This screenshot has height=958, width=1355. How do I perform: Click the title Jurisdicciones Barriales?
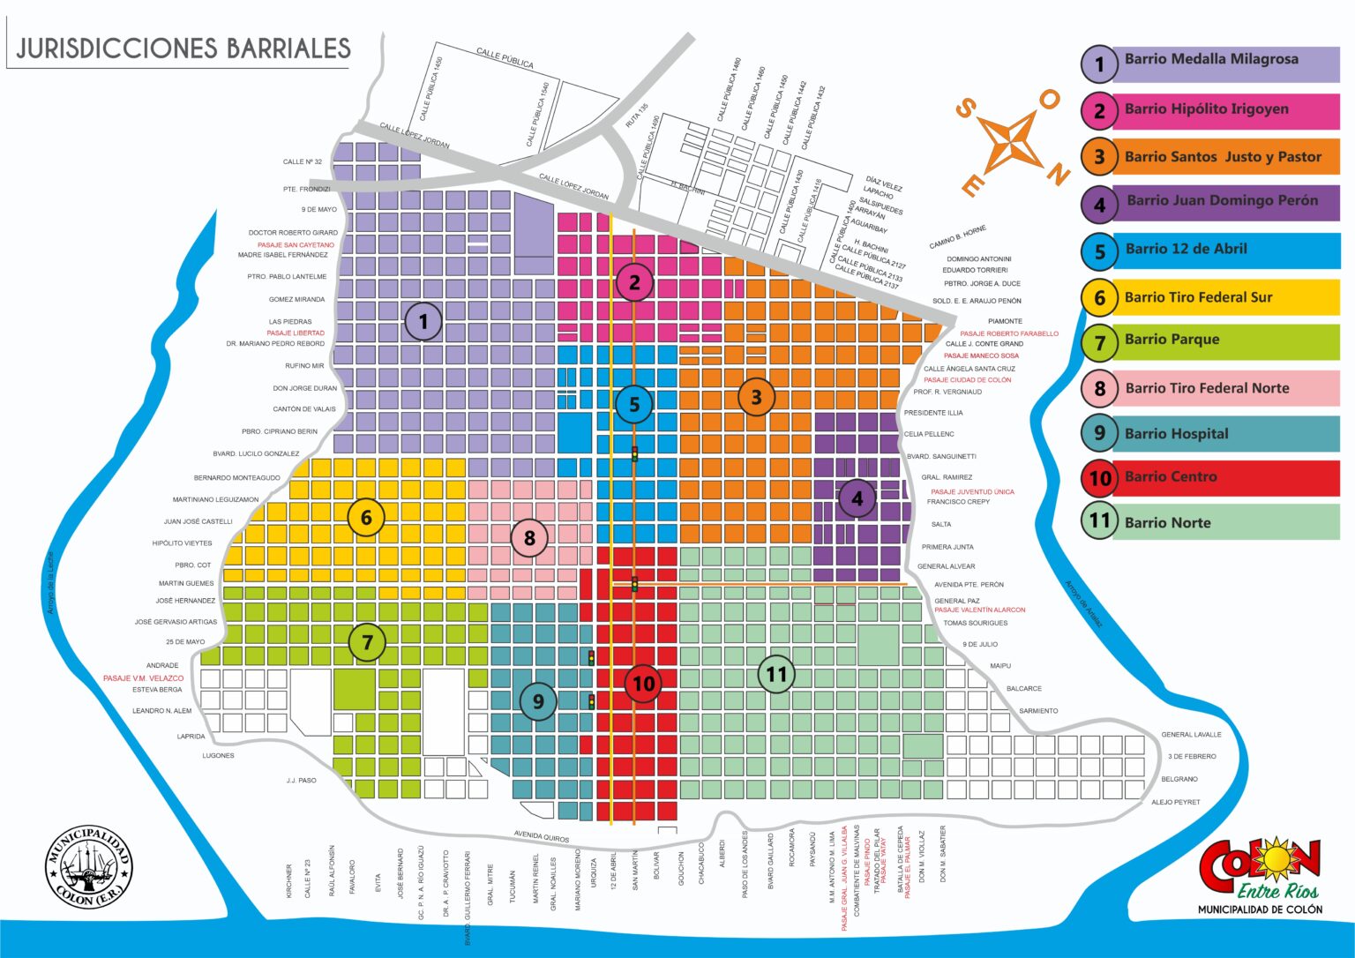click(x=183, y=48)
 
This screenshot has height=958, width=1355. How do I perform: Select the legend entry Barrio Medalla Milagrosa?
click(x=1210, y=60)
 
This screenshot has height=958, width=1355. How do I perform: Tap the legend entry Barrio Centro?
click(x=1170, y=477)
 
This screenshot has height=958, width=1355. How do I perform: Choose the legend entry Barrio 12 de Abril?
click(x=1186, y=250)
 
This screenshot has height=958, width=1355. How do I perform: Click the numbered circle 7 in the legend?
click(x=1099, y=342)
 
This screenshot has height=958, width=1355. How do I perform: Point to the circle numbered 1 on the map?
click(x=423, y=322)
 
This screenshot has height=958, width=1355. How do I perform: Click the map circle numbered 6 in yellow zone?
click(x=366, y=518)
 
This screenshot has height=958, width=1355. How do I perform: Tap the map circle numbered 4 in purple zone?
click(x=857, y=499)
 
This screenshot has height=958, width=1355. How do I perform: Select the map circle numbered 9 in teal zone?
click(x=538, y=702)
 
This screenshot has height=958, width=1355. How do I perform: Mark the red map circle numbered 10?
click(x=643, y=684)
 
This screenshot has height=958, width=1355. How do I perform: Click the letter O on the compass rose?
click(x=1049, y=100)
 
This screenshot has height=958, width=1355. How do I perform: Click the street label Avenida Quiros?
click(x=542, y=837)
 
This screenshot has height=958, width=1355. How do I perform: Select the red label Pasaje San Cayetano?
click(x=296, y=245)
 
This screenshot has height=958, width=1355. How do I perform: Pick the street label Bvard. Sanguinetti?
click(x=941, y=457)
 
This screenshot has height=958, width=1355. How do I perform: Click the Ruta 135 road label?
click(x=637, y=116)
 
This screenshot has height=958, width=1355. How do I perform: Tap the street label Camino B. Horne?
click(x=957, y=237)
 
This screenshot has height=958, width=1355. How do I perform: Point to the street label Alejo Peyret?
click(x=1175, y=803)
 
